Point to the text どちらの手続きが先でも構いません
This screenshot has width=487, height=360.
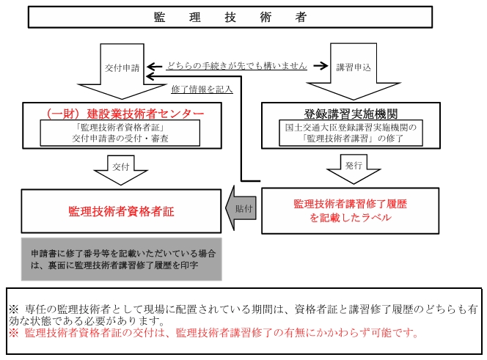[x=235, y=65]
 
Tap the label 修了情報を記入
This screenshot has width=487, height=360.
[x=201, y=89]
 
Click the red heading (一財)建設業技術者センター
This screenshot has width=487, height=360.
[x=124, y=114]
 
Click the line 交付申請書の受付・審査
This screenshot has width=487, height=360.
[x=120, y=138]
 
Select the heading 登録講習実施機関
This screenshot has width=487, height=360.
[x=351, y=114]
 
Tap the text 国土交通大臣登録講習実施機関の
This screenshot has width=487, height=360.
[x=351, y=127]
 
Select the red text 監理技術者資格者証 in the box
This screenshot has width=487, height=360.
[x=121, y=211]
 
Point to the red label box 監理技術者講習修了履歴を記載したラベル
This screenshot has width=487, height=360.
[x=351, y=210]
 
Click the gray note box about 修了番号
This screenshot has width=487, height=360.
[x=121, y=258]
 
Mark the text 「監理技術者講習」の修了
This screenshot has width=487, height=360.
[x=351, y=138]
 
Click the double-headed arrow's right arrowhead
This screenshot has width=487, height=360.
[x=322, y=65]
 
